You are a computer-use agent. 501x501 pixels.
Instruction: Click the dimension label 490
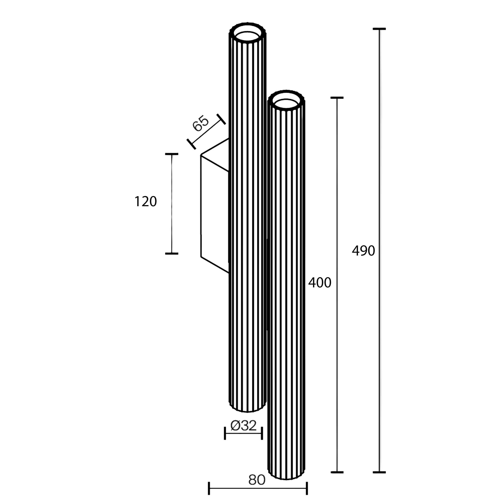[x=363, y=251]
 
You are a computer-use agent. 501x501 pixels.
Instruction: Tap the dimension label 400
[x=320, y=283]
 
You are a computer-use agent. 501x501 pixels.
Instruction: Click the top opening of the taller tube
[x=247, y=34]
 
